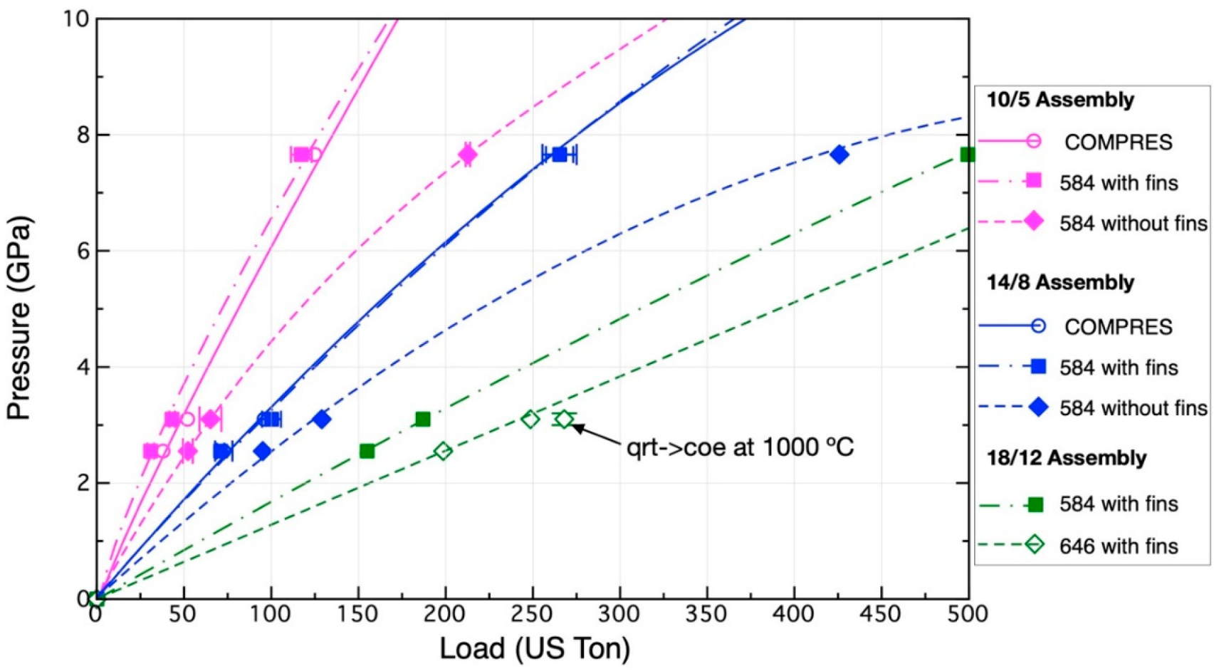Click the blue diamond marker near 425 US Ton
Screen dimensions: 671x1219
click(839, 154)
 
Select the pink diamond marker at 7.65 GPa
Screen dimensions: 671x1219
click(467, 154)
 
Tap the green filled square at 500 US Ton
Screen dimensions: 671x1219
click(967, 155)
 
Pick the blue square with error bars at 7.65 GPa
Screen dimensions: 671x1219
click(560, 154)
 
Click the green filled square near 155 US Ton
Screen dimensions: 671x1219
click(367, 451)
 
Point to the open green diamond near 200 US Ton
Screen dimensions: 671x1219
click(443, 451)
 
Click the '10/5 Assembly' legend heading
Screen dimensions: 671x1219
click(1060, 100)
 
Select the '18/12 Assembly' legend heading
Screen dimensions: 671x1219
click(1066, 458)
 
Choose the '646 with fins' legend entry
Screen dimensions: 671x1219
click(1118, 546)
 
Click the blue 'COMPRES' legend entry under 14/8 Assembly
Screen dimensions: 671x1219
click(1118, 327)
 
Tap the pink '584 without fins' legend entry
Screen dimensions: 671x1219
click(1133, 224)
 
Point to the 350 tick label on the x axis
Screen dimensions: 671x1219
click(706, 613)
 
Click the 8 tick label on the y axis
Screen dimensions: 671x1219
click(83, 135)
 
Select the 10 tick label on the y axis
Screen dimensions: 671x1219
click(76, 19)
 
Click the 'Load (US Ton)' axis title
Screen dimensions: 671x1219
click(534, 648)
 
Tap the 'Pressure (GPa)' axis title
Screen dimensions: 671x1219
click(19, 317)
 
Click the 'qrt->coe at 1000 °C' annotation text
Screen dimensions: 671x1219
click(740, 447)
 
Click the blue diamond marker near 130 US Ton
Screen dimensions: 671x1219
click(322, 420)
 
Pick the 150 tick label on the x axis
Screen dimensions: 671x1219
click(357, 613)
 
